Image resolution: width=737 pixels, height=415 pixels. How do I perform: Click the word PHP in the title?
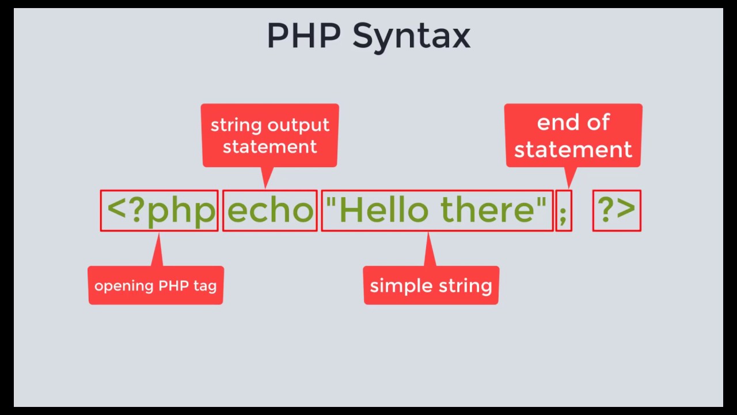click(x=303, y=36)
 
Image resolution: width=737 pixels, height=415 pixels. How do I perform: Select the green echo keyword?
click(x=270, y=211)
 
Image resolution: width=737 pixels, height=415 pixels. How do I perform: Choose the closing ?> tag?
click(x=616, y=210)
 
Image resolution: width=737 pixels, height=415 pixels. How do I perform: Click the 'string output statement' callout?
click(x=269, y=135)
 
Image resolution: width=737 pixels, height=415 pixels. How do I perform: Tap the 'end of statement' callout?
click(x=573, y=135)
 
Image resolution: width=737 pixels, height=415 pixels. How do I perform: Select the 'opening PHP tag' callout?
click(x=155, y=285)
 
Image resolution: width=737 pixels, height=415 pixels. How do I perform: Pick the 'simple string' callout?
click(x=431, y=285)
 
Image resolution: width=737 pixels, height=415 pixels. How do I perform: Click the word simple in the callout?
click(x=397, y=286)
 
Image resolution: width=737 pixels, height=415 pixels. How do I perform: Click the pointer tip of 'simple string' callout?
click(x=428, y=235)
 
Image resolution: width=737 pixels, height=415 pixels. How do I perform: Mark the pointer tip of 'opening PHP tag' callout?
click(x=159, y=235)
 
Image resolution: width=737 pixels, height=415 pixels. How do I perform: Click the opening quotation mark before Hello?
click(x=330, y=202)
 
